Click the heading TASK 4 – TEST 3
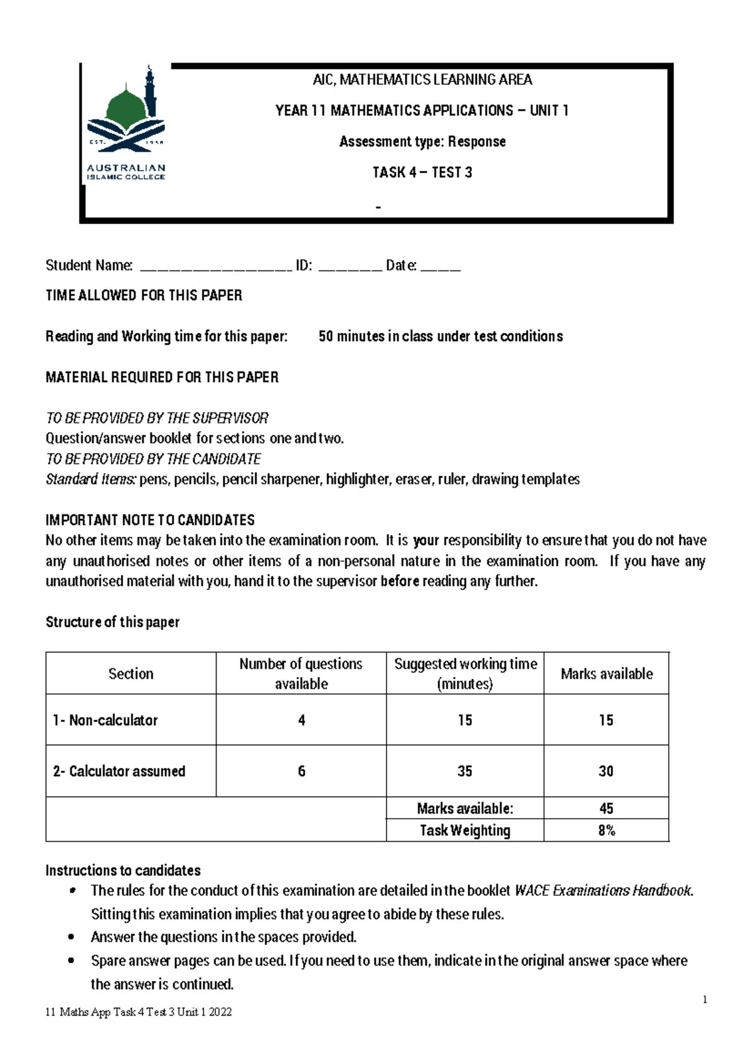coord(422,173)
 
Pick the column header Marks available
coord(606,674)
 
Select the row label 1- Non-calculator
coord(105,720)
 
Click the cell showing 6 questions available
coord(301,771)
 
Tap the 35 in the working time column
coord(464,771)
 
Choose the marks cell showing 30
coord(606,771)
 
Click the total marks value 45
coord(606,808)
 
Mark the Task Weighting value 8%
coord(606,831)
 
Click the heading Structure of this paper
coord(112,622)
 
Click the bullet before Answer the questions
coord(72,937)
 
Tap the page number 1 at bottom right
coord(705,999)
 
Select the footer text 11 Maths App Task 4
coord(139,1012)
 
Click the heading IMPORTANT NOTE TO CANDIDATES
coord(150,519)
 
